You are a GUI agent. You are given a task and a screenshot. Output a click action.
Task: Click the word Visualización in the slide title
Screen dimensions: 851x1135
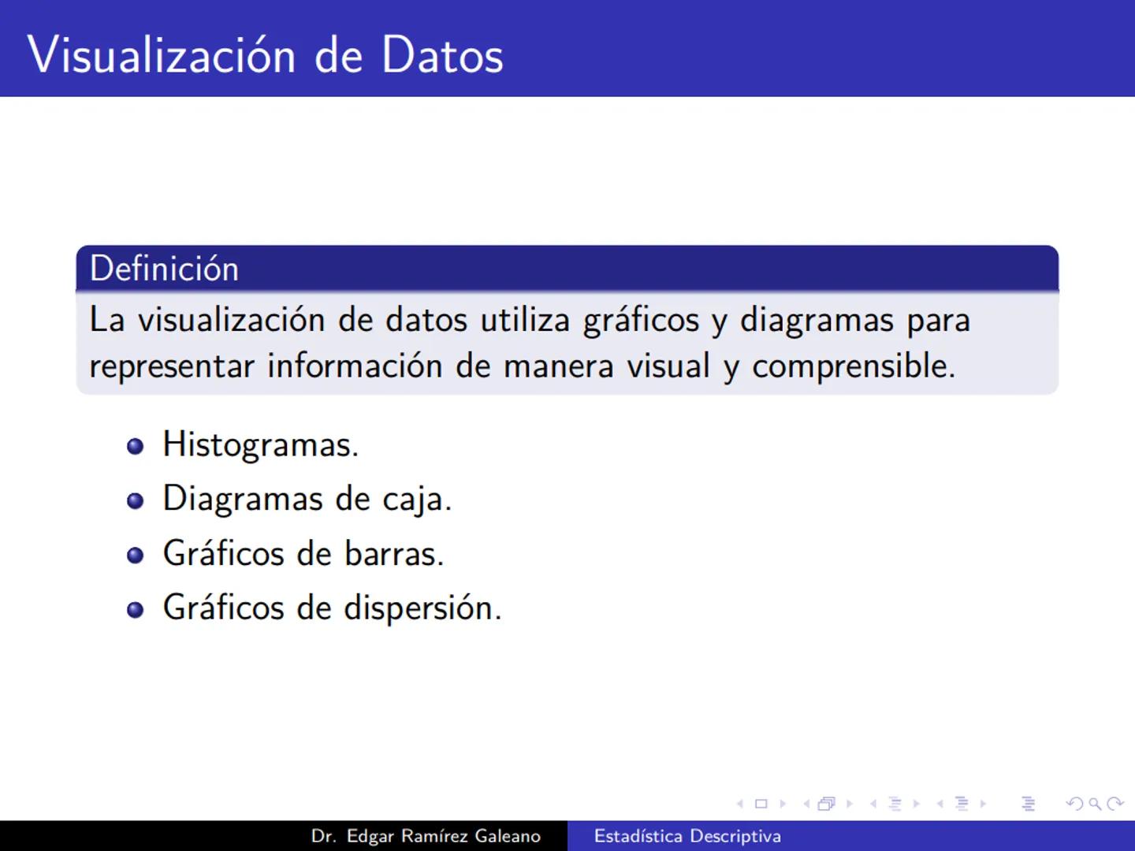click(162, 55)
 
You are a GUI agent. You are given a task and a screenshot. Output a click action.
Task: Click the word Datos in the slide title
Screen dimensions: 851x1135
click(442, 55)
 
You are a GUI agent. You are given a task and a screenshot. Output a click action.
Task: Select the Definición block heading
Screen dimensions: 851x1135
click(164, 269)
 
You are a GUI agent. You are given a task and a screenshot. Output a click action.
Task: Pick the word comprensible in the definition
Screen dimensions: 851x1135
click(853, 367)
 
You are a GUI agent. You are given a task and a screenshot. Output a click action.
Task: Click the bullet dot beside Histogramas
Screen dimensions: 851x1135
click(136, 446)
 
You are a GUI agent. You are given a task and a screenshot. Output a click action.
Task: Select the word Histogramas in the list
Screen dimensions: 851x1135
click(260, 445)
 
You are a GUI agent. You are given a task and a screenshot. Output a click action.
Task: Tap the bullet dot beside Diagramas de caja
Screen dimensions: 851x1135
click(136, 500)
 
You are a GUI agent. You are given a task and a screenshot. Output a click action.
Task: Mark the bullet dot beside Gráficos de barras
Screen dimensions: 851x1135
click(136, 555)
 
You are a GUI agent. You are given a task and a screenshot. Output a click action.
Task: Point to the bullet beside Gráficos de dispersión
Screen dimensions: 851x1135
click(136, 609)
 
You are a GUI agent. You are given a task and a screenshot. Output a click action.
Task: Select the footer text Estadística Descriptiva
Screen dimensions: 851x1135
click(687, 836)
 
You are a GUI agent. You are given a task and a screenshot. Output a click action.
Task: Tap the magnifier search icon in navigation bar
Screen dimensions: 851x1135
click(1094, 804)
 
